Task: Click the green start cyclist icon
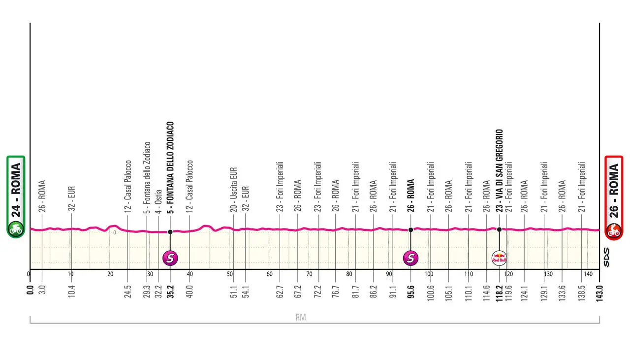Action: [x=16, y=229]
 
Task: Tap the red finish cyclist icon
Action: [x=614, y=229]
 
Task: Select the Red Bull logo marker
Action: [x=499, y=257]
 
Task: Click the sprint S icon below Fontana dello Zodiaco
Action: [x=170, y=257]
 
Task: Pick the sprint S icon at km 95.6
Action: [x=411, y=257]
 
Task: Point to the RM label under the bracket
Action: [x=301, y=318]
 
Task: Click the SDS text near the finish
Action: [x=606, y=257]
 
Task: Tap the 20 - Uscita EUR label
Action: [x=234, y=190]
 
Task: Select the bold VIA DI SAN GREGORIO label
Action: [x=499, y=170]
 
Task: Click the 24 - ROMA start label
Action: [x=16, y=189]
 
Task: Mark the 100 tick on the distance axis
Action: [x=429, y=274]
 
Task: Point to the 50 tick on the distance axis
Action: [x=230, y=274]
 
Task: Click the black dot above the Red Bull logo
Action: [x=499, y=229]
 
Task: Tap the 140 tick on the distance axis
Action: [x=588, y=274]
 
